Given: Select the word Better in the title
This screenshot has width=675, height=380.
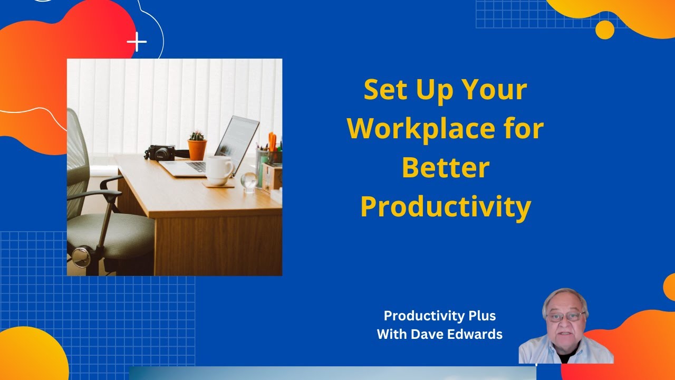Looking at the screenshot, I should (446, 167).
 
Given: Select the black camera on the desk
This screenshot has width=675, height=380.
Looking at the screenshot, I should (162, 153).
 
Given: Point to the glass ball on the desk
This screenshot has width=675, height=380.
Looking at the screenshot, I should (248, 181).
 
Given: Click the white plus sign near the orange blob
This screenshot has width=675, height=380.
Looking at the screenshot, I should (137, 42).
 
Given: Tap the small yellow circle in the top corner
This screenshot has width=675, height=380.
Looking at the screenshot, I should (605, 30).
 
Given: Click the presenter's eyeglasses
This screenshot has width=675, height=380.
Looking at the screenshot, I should (566, 317).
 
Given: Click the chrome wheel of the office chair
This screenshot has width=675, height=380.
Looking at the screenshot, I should (81, 257).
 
